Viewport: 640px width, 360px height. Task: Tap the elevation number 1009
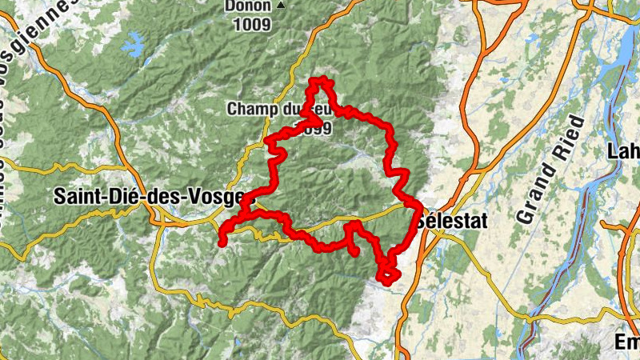pos(252,24)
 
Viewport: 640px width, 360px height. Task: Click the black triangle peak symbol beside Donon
pos(280,6)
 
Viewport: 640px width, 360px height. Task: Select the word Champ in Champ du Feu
pos(249,108)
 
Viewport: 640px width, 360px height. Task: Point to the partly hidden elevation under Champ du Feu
pos(318,128)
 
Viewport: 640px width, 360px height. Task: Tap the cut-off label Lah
pos(623,150)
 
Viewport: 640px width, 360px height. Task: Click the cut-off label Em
pos(626,342)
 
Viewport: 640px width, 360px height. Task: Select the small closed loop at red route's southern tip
pos(390,274)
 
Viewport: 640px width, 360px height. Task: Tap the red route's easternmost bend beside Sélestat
pos(418,210)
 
